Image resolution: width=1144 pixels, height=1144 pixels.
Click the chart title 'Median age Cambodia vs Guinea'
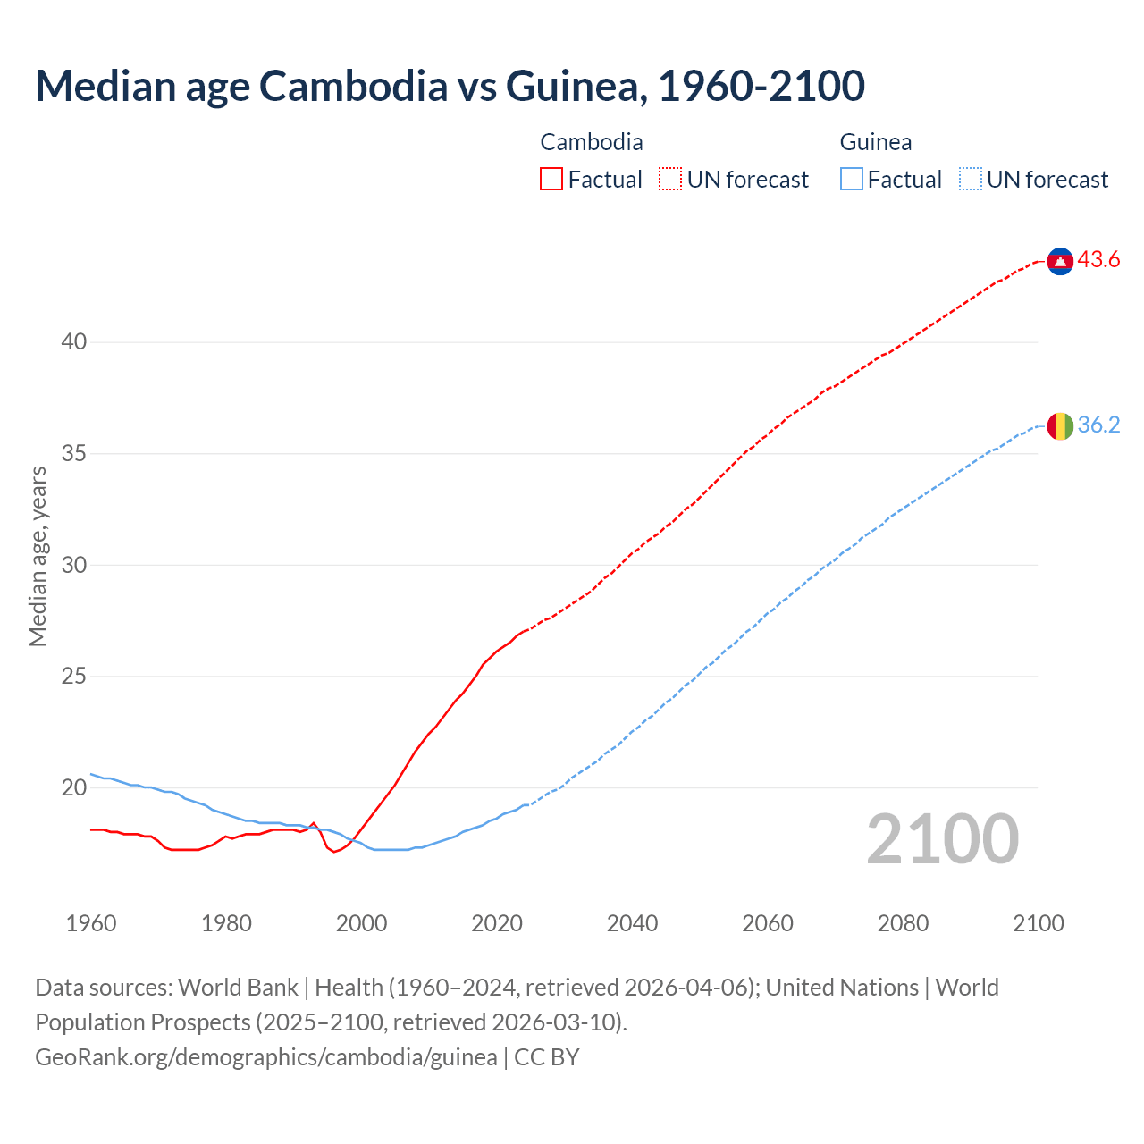450,86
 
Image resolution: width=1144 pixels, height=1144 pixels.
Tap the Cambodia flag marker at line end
1060,261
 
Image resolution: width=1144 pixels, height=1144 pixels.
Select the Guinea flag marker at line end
1060,426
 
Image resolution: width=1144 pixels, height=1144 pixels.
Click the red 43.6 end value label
1098,260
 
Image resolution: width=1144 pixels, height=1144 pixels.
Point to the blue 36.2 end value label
1098,425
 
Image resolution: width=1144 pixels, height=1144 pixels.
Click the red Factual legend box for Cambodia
551,180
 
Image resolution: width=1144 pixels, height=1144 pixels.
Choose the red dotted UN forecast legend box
670,180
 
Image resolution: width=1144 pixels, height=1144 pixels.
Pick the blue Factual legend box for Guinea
852,180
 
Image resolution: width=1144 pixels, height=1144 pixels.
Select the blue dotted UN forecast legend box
970,180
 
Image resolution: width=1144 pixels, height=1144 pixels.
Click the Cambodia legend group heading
591,142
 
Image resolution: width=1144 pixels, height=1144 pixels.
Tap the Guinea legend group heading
875,142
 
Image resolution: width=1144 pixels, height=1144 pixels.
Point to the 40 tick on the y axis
74,342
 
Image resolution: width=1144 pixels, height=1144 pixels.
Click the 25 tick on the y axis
74,677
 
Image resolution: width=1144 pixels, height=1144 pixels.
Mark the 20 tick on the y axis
74,788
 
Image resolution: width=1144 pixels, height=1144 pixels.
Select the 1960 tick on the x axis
91,923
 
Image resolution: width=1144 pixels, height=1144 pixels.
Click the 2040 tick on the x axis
632,923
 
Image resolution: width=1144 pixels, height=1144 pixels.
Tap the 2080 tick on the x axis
903,923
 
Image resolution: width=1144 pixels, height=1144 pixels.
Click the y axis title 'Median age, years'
38,556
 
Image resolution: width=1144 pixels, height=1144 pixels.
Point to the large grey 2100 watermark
942,839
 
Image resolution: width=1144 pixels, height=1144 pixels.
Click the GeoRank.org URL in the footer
266,1057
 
